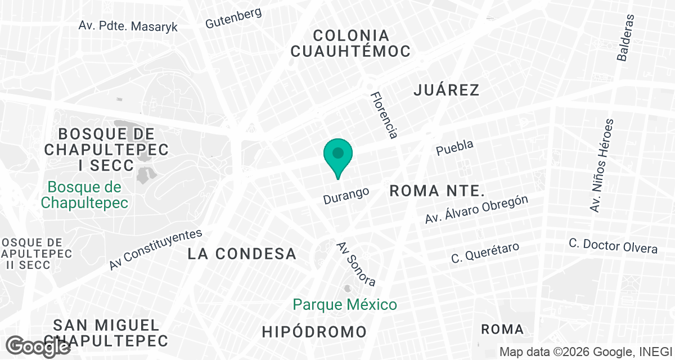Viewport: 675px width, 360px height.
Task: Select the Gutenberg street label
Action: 233,17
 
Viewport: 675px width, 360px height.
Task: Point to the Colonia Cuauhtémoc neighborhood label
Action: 350,43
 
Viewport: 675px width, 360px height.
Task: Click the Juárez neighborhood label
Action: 446,89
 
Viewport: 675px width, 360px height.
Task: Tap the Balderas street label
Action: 625,37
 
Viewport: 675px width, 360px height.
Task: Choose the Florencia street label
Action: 384,115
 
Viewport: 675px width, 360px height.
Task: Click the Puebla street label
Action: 455,148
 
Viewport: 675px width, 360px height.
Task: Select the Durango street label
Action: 346,195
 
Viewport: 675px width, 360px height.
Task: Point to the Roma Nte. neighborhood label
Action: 436,190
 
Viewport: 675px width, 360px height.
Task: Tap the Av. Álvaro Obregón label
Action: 476,210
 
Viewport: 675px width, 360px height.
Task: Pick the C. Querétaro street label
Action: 485,253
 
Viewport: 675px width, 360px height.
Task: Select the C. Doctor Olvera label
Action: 613,246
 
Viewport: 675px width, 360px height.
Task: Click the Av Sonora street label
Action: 356,264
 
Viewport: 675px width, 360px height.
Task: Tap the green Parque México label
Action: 345,305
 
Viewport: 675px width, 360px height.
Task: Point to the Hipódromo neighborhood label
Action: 314,332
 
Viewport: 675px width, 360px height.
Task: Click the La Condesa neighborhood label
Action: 242,254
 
